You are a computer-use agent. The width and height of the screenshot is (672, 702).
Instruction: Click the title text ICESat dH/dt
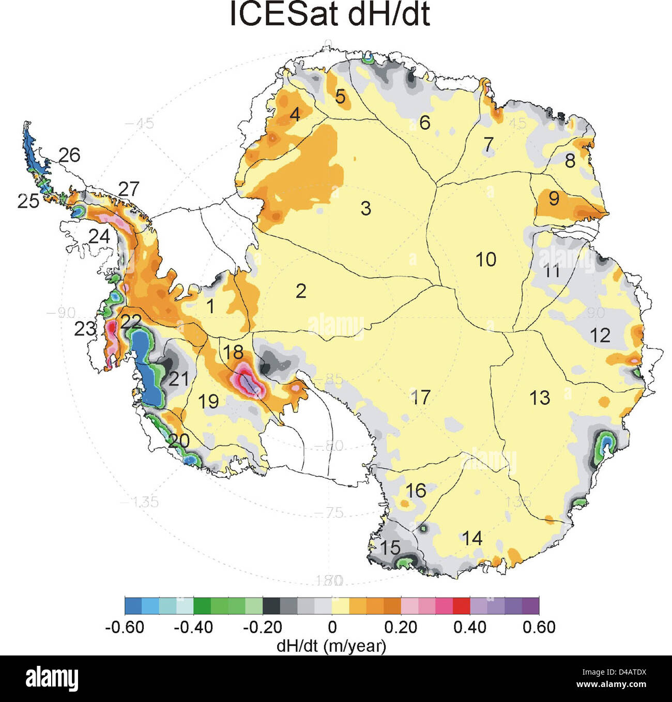click(329, 14)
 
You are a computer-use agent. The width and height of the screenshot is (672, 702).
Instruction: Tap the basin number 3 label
click(365, 208)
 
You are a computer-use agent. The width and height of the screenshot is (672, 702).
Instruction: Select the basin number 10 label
click(485, 259)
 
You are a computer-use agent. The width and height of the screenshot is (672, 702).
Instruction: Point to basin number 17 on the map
click(420, 397)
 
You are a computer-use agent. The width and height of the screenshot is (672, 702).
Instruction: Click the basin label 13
click(539, 398)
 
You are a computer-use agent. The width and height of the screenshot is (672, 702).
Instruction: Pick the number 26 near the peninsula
click(69, 155)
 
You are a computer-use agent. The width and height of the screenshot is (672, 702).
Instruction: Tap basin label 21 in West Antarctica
click(178, 379)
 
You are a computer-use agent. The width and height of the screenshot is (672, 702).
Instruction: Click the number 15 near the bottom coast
click(390, 547)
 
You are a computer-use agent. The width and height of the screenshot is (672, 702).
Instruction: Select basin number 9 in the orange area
click(554, 198)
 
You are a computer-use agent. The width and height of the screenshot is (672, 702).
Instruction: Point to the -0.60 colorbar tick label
click(125, 627)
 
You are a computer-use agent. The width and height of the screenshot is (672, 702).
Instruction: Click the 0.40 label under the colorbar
click(469, 627)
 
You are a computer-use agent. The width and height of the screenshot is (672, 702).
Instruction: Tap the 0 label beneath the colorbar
click(332, 627)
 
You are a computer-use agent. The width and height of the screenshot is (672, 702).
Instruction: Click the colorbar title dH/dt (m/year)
click(331, 645)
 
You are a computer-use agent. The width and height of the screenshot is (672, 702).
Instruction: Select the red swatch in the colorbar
click(461, 605)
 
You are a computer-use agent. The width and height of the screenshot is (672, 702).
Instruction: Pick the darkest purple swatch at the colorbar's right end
click(530, 605)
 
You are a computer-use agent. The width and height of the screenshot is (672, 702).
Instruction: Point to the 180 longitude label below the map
click(329, 580)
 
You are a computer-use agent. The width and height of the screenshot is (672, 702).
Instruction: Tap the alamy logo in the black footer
click(52, 678)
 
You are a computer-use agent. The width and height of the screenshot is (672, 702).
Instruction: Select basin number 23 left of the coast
click(85, 328)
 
